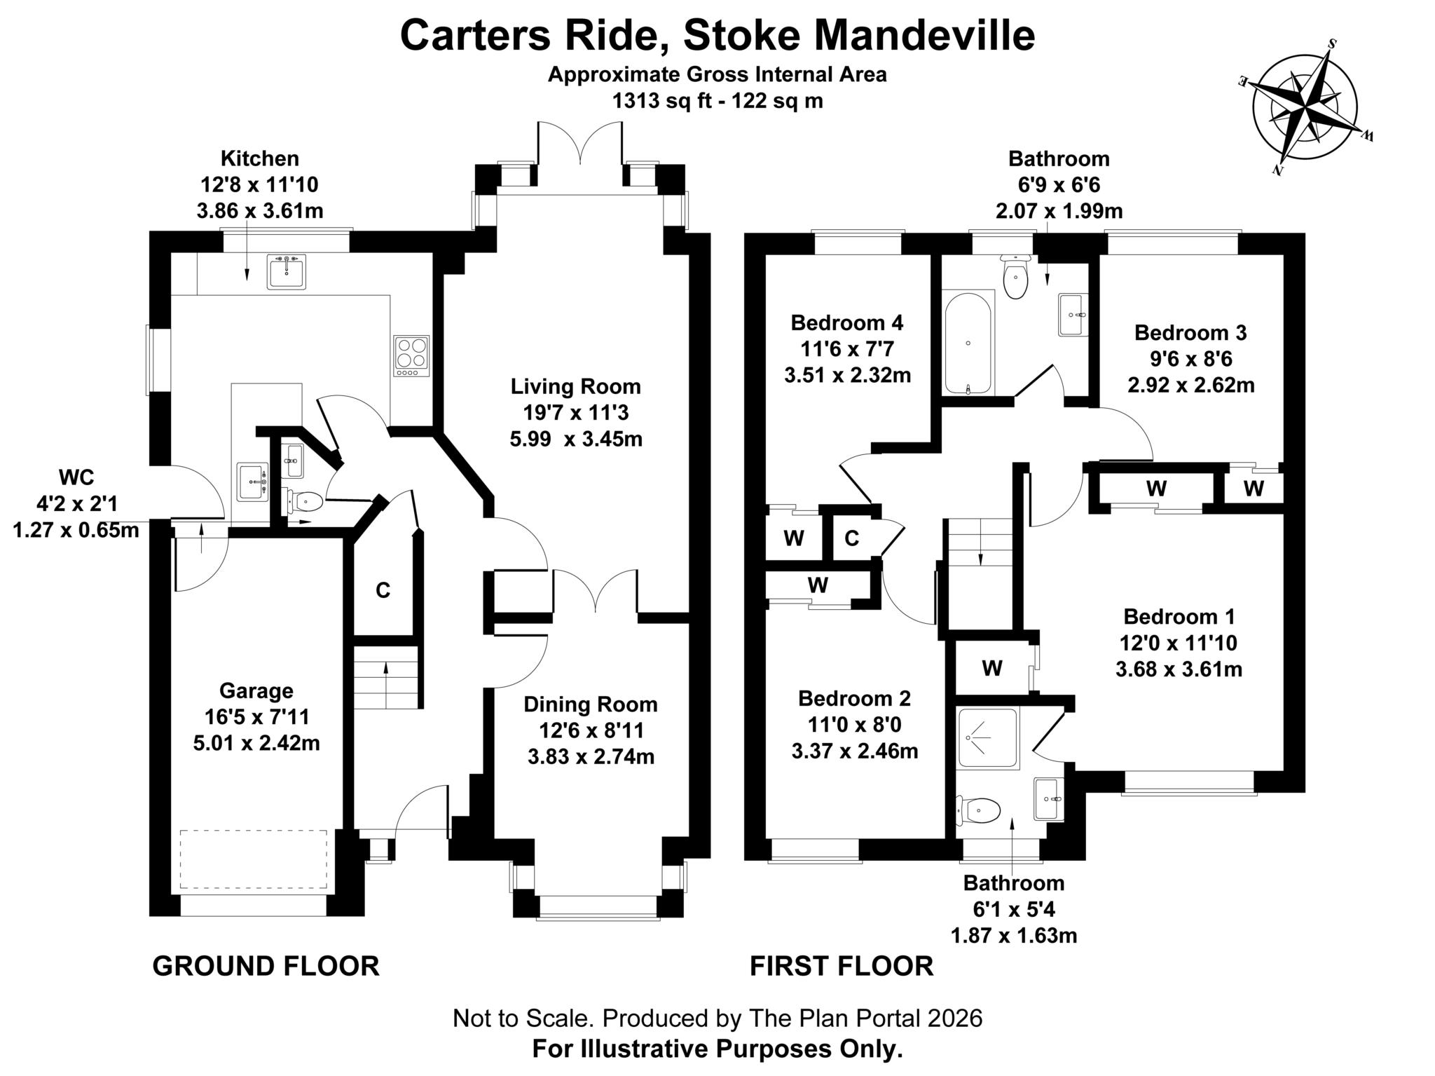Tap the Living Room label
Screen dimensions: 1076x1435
[x=575, y=386]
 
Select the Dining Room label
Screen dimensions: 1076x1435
[x=591, y=704]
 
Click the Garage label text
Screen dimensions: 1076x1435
[x=256, y=690]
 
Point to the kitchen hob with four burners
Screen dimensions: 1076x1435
[x=411, y=356]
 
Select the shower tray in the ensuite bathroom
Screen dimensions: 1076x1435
[x=988, y=738]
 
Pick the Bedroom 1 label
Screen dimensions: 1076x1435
[x=1179, y=617]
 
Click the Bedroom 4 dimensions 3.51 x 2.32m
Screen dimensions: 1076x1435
[x=847, y=376]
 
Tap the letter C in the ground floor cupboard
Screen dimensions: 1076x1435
[x=383, y=590]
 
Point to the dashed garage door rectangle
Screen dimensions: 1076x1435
[x=254, y=859]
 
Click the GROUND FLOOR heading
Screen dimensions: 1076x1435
[x=266, y=966]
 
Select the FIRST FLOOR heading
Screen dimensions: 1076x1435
[x=842, y=966]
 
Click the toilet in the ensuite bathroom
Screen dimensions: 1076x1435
[x=980, y=811]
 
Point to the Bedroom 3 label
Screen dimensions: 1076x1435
[x=1190, y=332]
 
